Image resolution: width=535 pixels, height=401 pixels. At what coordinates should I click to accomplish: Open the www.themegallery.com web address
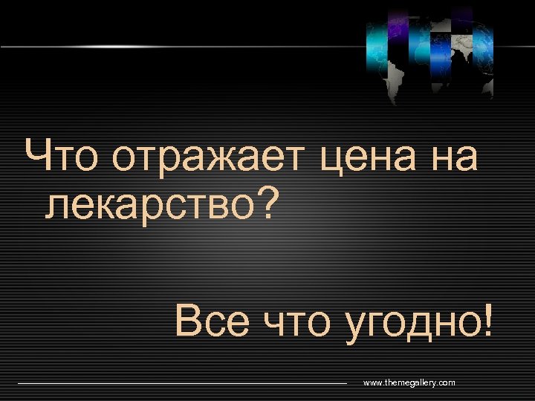pyautogui.click(x=409, y=382)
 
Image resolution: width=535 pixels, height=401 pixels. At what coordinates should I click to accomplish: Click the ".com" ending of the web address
pyautogui.click(x=445, y=382)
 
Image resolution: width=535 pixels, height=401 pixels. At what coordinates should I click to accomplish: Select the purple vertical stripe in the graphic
pyautogui.click(x=398, y=33)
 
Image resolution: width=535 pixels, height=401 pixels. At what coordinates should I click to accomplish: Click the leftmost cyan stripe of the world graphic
pyautogui.click(x=377, y=45)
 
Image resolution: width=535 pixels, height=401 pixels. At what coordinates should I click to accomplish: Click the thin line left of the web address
pyautogui.click(x=182, y=383)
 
